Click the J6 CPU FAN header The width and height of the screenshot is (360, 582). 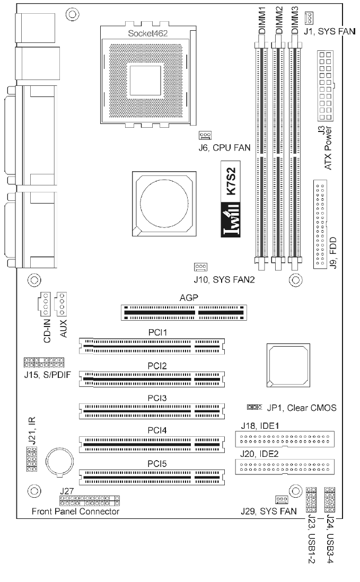205,135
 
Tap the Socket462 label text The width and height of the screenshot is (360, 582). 148,33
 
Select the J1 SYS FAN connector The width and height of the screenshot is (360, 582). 309,17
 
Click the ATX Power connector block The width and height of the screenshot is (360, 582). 326,85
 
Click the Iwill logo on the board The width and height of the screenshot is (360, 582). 231,220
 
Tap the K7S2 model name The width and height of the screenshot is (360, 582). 231,181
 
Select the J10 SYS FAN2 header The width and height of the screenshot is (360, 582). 200,267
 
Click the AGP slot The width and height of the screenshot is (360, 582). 183,313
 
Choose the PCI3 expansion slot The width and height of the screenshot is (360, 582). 152,411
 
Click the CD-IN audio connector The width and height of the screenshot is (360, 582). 45,303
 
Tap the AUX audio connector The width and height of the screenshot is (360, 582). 60,303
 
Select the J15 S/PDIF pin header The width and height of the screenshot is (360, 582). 44,362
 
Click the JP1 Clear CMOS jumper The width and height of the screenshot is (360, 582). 254,407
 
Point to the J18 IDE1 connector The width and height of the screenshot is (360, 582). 285,439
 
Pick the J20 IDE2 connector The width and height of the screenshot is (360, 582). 285,466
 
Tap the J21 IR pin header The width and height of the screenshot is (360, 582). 32,459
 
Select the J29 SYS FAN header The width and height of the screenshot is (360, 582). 282,499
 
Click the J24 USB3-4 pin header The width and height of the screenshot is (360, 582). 330,500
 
